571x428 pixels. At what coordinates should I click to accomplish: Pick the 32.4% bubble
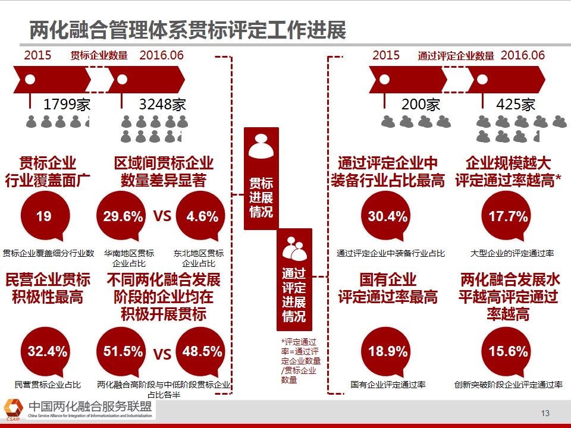pyautogui.click(x=48, y=352)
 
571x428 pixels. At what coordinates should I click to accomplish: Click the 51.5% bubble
pyautogui.click(x=123, y=352)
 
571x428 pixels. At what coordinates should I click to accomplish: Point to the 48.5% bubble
pyautogui.click(x=202, y=352)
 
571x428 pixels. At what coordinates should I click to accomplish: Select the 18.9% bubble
pyautogui.click(x=388, y=352)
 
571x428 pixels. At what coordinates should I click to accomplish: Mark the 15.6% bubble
pyautogui.click(x=508, y=352)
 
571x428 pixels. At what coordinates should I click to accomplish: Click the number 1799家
pyautogui.click(x=67, y=105)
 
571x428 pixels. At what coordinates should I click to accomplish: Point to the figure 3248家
pyautogui.click(x=162, y=105)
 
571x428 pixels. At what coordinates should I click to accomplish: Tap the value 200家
pyautogui.click(x=421, y=105)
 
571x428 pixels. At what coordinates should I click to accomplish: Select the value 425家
pyautogui.click(x=516, y=105)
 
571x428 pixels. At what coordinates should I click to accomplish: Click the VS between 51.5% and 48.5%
pyautogui.click(x=162, y=355)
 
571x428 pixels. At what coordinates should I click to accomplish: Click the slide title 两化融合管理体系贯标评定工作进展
pyautogui.click(x=187, y=30)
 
